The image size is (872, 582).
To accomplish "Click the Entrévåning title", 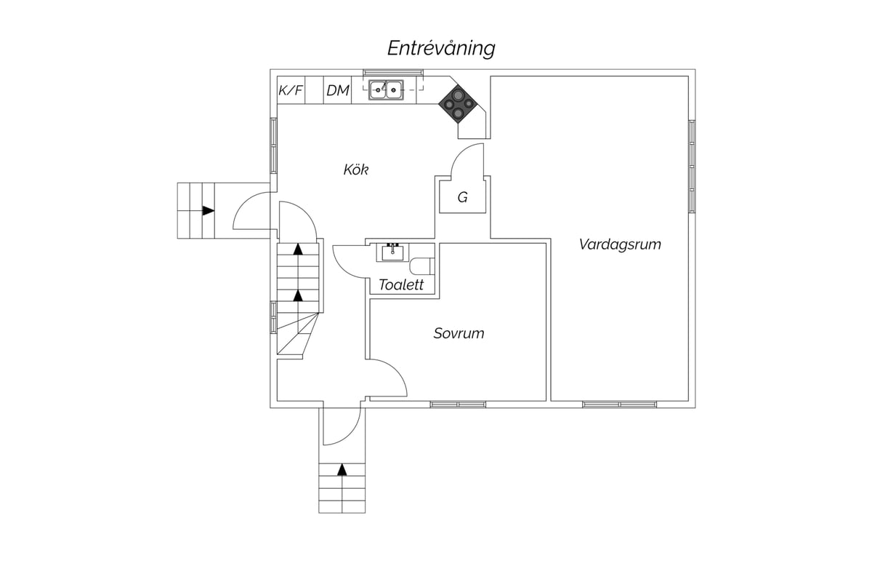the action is click(441, 49).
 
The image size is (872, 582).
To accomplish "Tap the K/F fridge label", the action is click(291, 90).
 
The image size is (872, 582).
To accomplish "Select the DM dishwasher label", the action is click(337, 90).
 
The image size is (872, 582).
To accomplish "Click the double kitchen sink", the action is click(386, 90).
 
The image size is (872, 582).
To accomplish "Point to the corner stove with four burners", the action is click(459, 104).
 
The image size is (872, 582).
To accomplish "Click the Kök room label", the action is click(356, 170).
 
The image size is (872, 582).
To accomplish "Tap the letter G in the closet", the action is click(462, 198).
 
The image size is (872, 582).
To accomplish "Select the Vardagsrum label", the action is click(620, 244).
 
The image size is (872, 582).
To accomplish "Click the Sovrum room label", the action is click(459, 333).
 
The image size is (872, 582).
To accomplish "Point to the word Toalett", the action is click(401, 285).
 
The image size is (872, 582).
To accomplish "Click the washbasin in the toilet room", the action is click(392, 252).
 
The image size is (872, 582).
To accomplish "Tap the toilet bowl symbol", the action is click(422, 266).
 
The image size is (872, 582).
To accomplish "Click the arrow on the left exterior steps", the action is click(209, 211).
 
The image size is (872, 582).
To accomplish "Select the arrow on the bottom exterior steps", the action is click(342, 470).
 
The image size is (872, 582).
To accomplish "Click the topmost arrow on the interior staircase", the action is click(298, 249).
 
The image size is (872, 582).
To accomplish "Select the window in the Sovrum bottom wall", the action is click(458, 404).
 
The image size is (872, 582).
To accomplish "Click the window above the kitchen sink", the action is click(393, 73).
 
